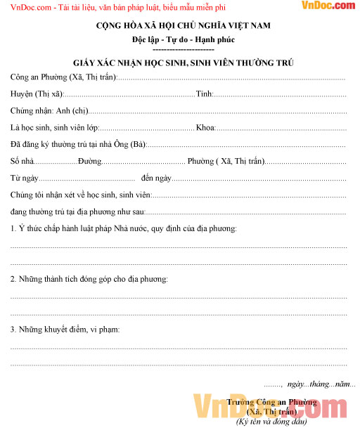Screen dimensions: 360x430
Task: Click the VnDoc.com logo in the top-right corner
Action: [x=328, y=6]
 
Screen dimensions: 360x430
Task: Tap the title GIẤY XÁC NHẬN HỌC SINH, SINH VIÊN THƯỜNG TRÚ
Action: [x=183, y=63]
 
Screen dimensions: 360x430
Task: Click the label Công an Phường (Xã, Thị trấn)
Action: [x=63, y=77]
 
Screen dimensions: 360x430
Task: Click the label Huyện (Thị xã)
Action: [x=36, y=93]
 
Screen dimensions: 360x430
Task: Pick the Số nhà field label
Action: [x=22, y=162]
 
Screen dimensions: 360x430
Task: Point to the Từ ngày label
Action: [x=25, y=178]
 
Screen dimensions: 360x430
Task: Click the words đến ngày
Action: [x=156, y=178]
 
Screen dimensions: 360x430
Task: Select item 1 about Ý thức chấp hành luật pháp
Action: [x=123, y=228]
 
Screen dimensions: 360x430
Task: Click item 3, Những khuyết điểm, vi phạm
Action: [x=65, y=330]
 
